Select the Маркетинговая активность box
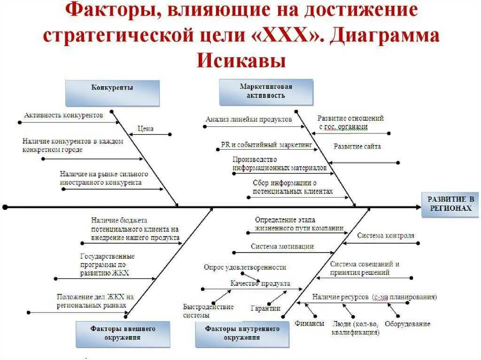pos(266,92)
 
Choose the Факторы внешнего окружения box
pos(123,333)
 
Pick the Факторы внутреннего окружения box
pos(242,333)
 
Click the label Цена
pos(145,129)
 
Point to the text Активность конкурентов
pos(63,115)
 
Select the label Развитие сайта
pos(357,146)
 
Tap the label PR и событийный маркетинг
pos(266,146)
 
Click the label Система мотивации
pos(282,246)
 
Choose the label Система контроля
pos(386,236)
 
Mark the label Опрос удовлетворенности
pos(245,267)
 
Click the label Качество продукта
pos(260,283)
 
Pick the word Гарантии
pos(265,308)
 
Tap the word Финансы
pos(310,324)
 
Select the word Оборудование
pos(407,324)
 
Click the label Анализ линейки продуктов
pos(248,120)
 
